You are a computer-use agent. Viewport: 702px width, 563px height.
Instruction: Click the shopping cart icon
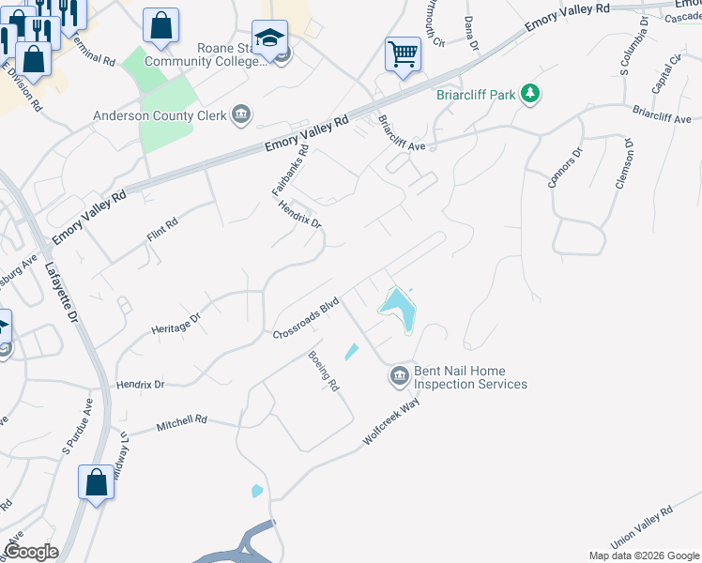403,53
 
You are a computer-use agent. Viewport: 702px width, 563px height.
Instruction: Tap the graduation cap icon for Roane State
269,38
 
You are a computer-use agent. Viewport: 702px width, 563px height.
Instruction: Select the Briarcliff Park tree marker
531,93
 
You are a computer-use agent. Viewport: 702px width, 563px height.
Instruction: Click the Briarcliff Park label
476,94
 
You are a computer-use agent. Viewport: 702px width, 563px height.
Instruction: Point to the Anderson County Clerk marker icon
241,116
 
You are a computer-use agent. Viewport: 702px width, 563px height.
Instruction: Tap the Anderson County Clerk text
160,116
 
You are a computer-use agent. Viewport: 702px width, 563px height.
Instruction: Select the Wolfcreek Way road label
390,423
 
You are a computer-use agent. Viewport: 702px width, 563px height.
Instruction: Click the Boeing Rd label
324,372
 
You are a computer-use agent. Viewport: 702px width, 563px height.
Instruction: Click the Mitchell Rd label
181,425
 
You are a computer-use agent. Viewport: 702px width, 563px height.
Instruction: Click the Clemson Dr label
624,164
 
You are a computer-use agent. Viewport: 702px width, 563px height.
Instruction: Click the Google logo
31,552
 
